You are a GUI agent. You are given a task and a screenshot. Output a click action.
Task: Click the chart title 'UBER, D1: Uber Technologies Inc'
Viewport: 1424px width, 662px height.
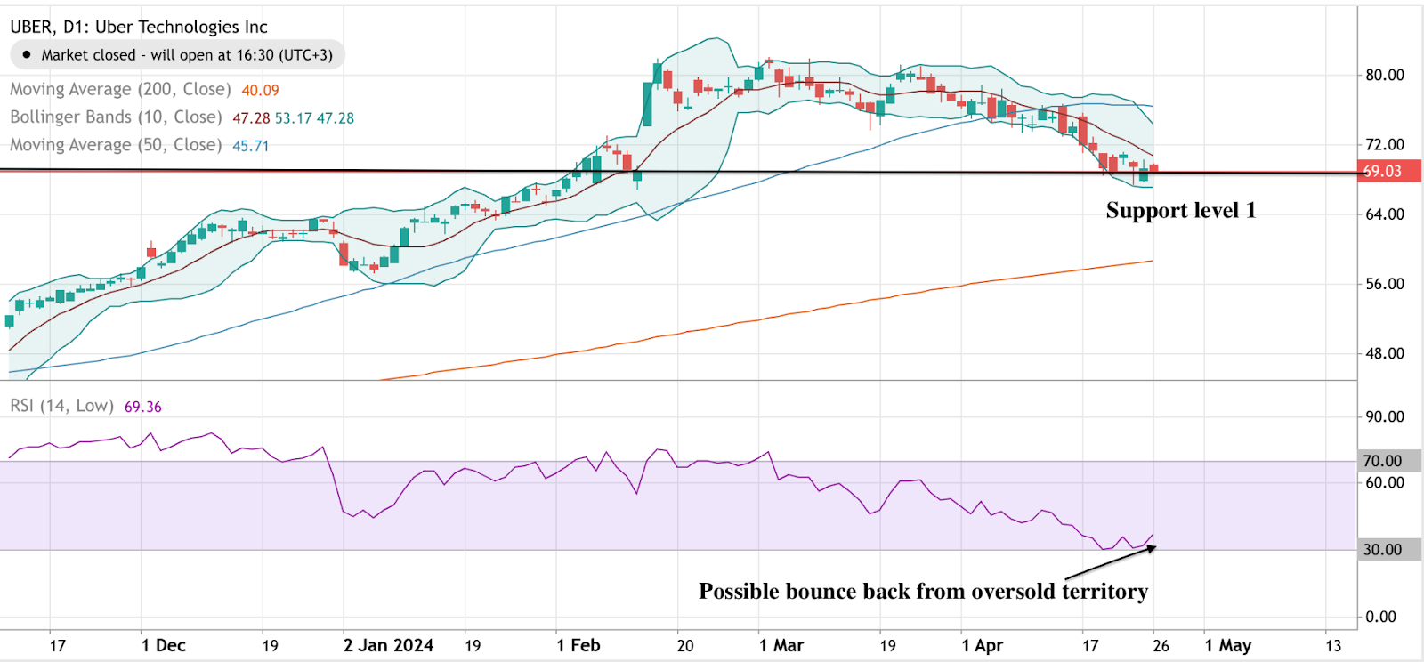(x=139, y=27)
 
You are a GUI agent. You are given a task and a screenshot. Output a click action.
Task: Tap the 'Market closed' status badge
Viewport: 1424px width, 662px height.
(x=177, y=55)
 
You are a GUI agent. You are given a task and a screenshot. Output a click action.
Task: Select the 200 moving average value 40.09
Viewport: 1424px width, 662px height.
(x=260, y=90)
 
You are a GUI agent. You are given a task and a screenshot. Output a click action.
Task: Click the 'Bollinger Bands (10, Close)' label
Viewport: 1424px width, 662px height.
(x=116, y=117)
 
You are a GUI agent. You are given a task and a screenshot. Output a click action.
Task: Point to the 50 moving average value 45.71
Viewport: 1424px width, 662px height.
(x=250, y=146)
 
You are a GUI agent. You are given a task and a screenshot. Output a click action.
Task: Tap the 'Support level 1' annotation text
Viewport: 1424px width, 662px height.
(x=1180, y=211)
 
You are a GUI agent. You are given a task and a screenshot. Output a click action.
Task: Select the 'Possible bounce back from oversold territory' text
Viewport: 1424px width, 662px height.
(x=923, y=592)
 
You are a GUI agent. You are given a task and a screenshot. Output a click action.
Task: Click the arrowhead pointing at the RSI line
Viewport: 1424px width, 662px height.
(x=1152, y=548)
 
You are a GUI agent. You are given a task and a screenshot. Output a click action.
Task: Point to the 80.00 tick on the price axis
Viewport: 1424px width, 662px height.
(x=1385, y=75)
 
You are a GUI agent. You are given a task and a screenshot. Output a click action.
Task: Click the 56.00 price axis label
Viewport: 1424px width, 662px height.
(x=1385, y=284)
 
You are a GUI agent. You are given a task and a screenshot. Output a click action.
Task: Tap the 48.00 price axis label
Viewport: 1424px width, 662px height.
(x=1385, y=353)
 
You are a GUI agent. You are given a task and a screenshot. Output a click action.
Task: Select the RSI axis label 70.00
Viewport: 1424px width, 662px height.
(x=1382, y=461)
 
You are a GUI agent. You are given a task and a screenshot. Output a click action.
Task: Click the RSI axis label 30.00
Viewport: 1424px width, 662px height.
(x=1382, y=550)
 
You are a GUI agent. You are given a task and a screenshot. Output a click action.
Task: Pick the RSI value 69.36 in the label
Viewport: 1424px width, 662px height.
(x=142, y=407)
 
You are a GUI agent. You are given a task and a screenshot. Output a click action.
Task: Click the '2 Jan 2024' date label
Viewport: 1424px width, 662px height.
(x=388, y=645)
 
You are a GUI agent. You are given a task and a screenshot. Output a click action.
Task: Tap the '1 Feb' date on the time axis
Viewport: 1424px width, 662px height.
(x=578, y=645)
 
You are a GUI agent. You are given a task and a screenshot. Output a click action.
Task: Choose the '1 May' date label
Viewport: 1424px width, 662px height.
(x=1227, y=645)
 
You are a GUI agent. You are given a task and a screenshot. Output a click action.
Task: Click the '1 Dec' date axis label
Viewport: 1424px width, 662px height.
(x=164, y=645)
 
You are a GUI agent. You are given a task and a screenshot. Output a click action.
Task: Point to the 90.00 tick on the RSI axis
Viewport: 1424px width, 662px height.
(x=1385, y=416)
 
